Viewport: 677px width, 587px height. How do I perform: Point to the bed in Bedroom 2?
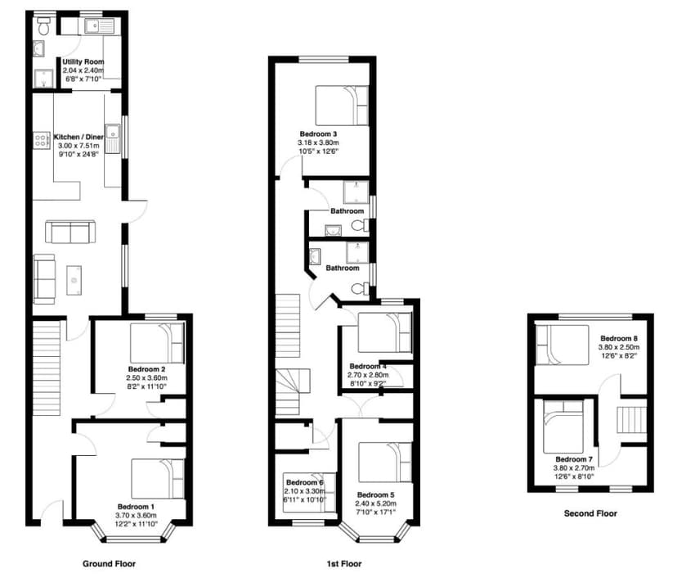coord(157,342)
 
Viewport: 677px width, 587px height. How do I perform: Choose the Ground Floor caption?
coord(109,564)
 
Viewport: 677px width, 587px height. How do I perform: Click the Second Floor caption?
coord(590,514)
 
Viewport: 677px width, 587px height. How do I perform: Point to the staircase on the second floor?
coord(631,420)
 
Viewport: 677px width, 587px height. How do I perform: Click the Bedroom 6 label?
coord(304,482)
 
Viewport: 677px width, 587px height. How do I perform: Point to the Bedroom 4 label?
coord(366,366)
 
